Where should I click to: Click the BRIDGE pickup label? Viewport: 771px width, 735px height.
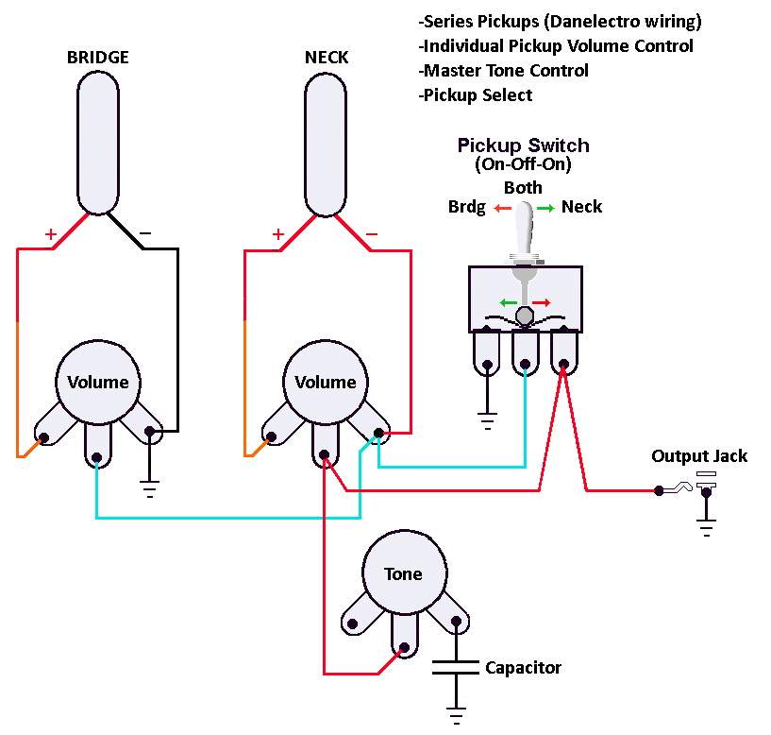click(98, 57)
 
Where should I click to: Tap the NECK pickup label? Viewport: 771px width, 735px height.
click(326, 57)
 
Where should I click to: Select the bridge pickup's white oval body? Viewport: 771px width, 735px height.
click(98, 143)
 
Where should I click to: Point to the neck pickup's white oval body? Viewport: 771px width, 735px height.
click(326, 145)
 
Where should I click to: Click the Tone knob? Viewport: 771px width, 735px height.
click(405, 573)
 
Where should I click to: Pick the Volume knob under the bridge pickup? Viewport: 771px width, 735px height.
click(98, 382)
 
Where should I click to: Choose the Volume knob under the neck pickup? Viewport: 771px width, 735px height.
click(326, 382)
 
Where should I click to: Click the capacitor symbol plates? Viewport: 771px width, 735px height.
click(456, 668)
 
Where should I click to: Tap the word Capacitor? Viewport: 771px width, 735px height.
click(523, 668)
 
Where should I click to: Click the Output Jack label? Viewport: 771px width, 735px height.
click(699, 456)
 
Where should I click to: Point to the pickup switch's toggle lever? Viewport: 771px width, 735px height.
click(524, 231)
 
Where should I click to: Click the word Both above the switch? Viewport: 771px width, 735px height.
click(523, 188)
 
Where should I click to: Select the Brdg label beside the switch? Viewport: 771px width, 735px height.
click(466, 207)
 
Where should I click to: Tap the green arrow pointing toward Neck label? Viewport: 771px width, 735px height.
click(545, 208)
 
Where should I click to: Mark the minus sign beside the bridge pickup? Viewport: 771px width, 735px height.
click(145, 232)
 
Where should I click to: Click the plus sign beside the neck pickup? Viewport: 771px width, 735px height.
click(278, 234)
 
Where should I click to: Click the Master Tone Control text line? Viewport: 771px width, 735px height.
click(503, 71)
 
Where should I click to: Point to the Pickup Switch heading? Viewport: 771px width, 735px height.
click(523, 145)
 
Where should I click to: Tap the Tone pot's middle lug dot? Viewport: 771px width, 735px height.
click(404, 647)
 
